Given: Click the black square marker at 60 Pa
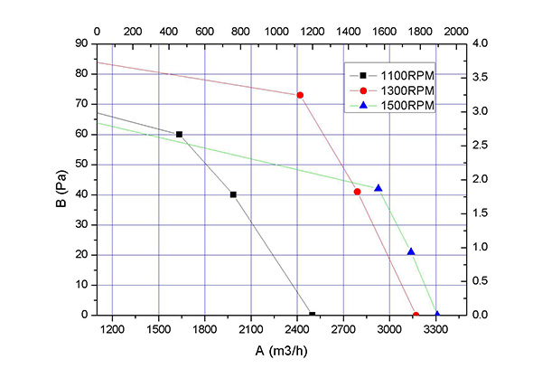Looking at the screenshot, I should (179, 134).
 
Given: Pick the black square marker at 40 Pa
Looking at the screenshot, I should (233, 194).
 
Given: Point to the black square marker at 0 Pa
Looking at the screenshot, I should (313, 315).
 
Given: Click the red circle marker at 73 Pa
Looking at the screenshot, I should (300, 95).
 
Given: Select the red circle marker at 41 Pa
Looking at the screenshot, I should (357, 192).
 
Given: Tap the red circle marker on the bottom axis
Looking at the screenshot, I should (416, 315).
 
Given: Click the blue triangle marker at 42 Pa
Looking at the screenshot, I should (378, 188).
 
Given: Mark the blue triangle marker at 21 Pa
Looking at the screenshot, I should (411, 251).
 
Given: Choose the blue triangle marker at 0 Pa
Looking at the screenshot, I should (437, 315).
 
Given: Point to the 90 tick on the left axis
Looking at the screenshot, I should (82, 43).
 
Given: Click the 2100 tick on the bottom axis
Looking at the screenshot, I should (251, 329).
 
